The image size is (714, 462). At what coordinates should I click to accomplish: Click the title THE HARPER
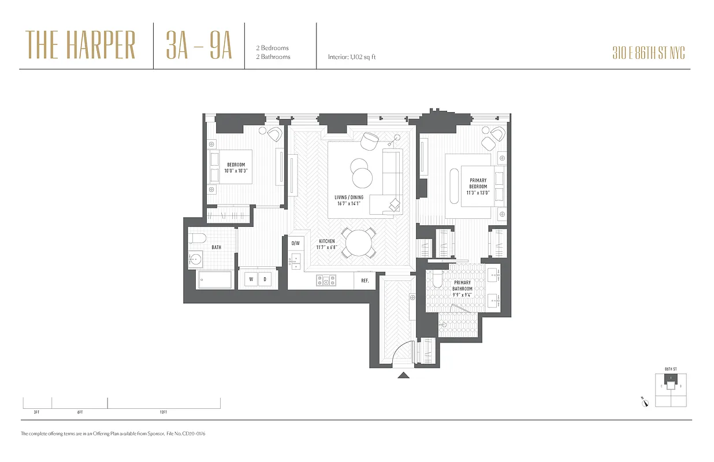coord(81,46)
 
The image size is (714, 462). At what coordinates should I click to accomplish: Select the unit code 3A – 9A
coord(199,46)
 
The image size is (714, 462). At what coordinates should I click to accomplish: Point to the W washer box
coord(251,279)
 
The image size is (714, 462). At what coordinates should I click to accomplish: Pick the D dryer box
coord(266,279)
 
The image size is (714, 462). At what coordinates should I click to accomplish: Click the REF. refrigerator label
coord(365,280)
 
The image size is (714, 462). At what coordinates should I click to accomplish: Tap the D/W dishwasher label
coord(295,243)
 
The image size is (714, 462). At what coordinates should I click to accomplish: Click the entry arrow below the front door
coord(404,375)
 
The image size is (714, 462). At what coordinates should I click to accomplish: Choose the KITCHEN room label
coord(327,244)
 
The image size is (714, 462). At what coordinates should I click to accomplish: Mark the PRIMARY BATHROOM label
coord(462,286)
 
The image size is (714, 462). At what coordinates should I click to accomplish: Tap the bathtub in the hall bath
coord(215,280)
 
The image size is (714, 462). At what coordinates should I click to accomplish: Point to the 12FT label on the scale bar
coord(163,412)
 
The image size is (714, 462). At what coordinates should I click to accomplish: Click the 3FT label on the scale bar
coord(36,412)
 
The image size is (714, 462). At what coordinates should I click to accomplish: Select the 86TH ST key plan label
coord(670,368)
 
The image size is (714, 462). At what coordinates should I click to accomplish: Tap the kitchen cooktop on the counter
coord(326,281)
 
